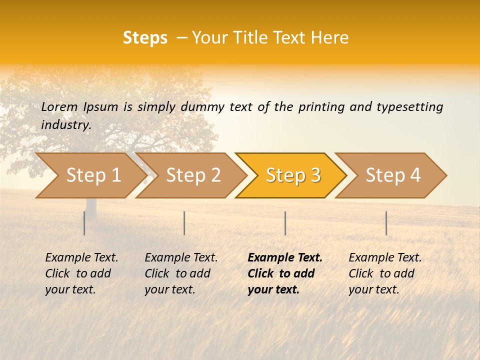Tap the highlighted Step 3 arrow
pos(292,175)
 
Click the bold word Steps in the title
pos(145,38)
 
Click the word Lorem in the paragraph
pos(59,106)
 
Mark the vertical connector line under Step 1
pos(84,223)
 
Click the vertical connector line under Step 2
pos(184,223)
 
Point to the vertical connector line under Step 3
pos(285,223)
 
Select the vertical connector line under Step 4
pos(386,223)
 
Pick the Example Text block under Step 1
pos(81,273)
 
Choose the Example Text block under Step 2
pos(181,273)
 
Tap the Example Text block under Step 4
pos(385,273)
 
